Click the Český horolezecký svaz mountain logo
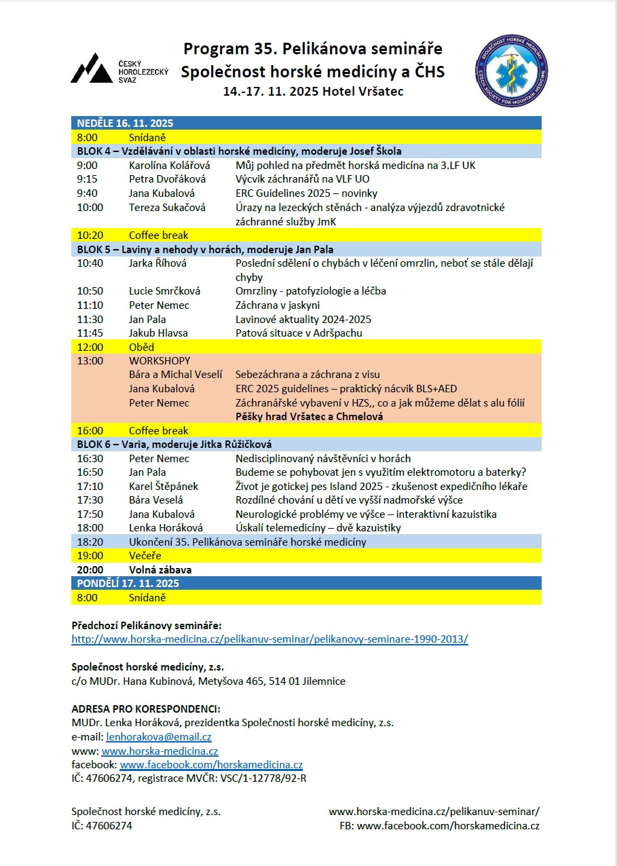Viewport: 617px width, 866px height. pos(92,68)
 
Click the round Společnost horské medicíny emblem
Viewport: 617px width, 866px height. pos(511,71)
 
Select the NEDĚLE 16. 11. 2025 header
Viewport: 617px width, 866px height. pos(125,123)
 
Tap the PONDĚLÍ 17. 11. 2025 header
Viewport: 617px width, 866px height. pos(128,583)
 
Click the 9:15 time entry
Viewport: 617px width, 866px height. pos(86,179)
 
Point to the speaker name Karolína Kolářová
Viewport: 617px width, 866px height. pos(169,165)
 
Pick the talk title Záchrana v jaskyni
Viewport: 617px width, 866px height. pos(278,305)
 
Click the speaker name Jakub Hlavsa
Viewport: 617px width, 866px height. pos(158,333)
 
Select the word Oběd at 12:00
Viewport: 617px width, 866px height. pos(141,347)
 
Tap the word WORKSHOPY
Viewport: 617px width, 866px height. pos(160,360)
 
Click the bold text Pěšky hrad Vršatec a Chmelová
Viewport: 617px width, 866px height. pos(309,416)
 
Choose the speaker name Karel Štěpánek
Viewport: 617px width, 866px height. pos(163,486)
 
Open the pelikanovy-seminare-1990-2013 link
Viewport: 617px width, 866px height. pos(269,639)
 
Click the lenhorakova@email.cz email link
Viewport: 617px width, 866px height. pos(159,737)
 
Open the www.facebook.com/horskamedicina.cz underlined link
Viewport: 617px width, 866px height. pos(211,765)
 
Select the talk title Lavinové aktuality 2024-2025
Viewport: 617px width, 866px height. pos(303,319)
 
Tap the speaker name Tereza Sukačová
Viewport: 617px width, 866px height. pos(167,207)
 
